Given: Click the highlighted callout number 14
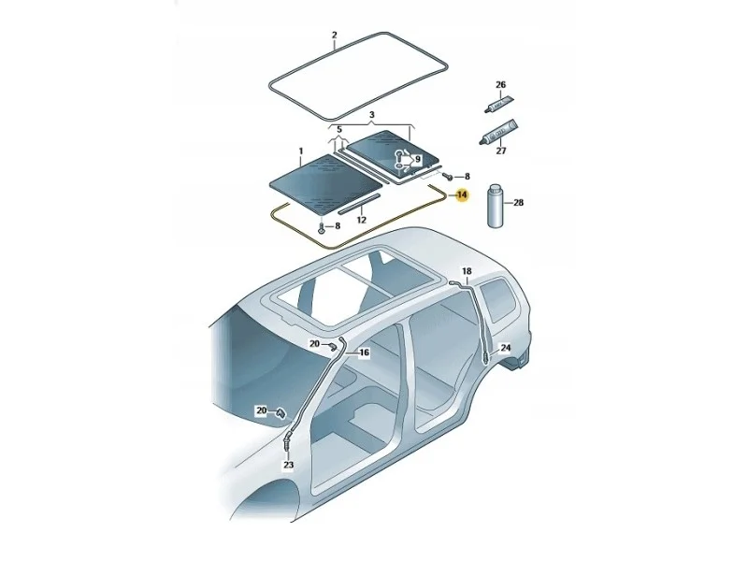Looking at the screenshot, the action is pyautogui.click(x=462, y=195).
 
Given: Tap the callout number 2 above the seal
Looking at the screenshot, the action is pyautogui.click(x=334, y=36).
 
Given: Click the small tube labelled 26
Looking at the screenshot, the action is pyautogui.click(x=498, y=104).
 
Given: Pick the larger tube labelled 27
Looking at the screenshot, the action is pyautogui.click(x=497, y=132).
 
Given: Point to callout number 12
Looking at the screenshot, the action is pyautogui.click(x=361, y=220).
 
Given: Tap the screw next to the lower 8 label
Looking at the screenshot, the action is pyautogui.click(x=322, y=228).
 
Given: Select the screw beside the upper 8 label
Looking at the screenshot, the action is pyautogui.click(x=448, y=176).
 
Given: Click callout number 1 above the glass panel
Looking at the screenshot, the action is pyautogui.click(x=301, y=151).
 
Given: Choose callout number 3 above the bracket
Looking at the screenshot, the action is pyautogui.click(x=372, y=115).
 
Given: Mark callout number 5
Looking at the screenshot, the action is pyautogui.click(x=339, y=130).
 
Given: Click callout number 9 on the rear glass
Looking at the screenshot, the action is pyautogui.click(x=418, y=159).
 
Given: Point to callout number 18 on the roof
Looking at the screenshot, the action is pyautogui.click(x=466, y=271).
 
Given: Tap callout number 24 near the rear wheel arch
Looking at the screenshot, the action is pyautogui.click(x=505, y=348).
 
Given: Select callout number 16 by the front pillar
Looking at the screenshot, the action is pyautogui.click(x=364, y=352).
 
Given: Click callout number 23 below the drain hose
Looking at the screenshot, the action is pyautogui.click(x=288, y=465).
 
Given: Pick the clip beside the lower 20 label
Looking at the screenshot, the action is pyautogui.click(x=280, y=412).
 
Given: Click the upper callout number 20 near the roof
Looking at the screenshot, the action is pyautogui.click(x=315, y=343).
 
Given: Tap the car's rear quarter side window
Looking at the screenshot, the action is pyautogui.click(x=497, y=299).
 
